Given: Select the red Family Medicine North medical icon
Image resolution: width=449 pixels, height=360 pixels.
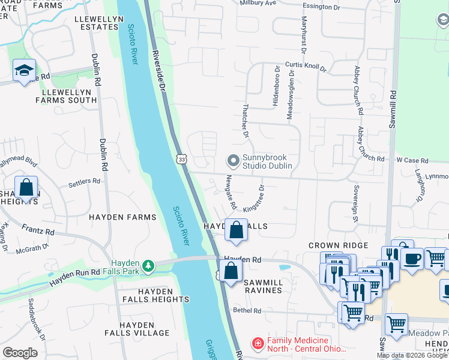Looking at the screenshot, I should tap(258, 343).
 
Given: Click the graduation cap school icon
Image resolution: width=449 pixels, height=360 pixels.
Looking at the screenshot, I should tap(24, 71).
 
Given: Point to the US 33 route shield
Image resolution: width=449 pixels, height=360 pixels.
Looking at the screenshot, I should tap(181, 159).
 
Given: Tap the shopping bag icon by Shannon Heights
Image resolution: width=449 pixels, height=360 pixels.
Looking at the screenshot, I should tap(27, 187).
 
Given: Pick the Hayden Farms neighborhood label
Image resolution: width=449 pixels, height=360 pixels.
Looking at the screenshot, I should tap(122, 217).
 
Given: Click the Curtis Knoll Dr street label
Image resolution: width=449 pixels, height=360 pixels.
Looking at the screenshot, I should tap(305, 68).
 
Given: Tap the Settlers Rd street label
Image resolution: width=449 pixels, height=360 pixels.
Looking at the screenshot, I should tap(84, 181).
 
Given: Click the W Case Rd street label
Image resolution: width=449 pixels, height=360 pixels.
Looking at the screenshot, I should tap(412, 161).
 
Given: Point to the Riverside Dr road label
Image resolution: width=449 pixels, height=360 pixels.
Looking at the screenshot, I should tap(158, 71).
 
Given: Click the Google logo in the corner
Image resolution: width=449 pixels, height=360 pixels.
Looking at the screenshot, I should tap(20, 353).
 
